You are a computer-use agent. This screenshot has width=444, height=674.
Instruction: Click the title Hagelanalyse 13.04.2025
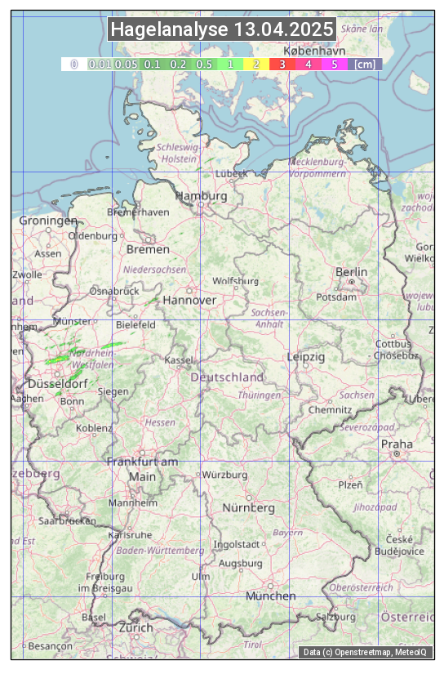tap(222, 29)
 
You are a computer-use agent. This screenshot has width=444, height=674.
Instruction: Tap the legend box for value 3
tap(282, 64)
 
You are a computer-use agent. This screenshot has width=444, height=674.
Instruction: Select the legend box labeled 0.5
tap(204, 64)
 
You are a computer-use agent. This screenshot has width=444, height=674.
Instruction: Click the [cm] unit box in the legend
tap(365, 64)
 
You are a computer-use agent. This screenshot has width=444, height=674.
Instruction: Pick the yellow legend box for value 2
tap(255, 64)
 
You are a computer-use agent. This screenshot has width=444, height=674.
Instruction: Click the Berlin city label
tap(352, 271)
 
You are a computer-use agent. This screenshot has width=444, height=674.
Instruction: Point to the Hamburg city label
tap(201, 196)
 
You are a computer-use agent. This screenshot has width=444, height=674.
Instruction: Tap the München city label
tap(271, 596)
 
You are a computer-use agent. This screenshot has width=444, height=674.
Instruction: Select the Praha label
tap(397, 444)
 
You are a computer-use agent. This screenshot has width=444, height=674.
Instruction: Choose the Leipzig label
tap(306, 357)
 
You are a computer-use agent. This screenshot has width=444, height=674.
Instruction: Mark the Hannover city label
tap(189, 300)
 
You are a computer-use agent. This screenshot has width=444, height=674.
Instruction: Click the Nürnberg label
tap(249, 507)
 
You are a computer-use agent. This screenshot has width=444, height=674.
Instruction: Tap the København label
tap(314, 51)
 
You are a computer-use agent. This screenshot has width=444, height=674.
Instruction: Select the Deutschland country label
tap(227, 377)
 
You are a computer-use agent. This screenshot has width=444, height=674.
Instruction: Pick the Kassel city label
tap(178, 359)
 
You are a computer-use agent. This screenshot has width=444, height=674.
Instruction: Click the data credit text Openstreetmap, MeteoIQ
tap(367, 652)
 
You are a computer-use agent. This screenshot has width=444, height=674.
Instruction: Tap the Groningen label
tap(48, 221)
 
